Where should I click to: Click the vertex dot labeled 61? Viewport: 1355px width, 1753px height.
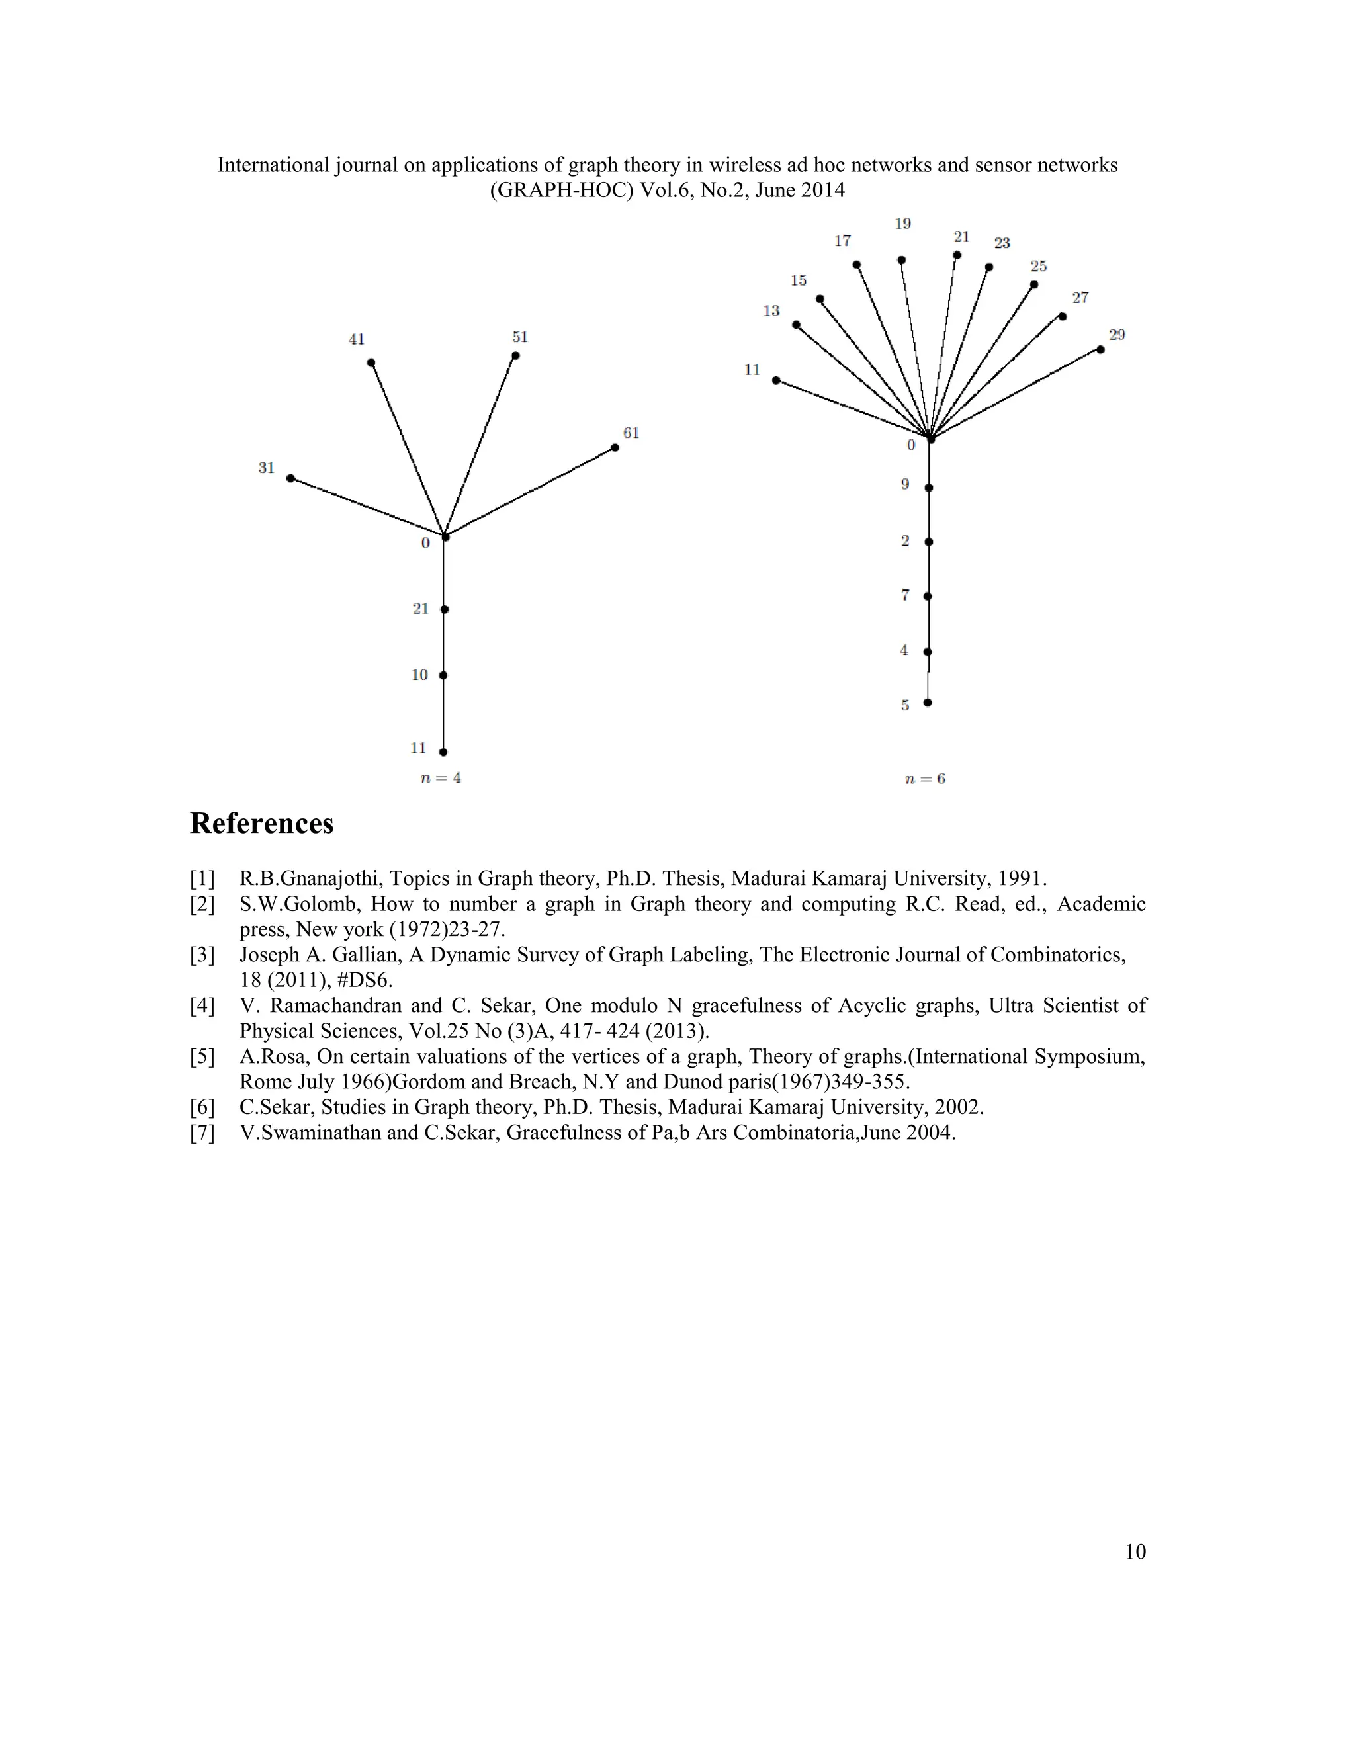pyautogui.click(x=615, y=448)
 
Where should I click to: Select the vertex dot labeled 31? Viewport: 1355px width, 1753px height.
pyautogui.click(x=290, y=478)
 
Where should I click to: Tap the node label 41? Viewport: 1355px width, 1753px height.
pyautogui.click(x=357, y=339)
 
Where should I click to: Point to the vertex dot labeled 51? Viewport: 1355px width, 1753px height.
pyautogui.click(x=515, y=356)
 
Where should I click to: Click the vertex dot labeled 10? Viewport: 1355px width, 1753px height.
pyautogui.click(x=443, y=676)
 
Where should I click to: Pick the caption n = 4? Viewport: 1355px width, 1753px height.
pyautogui.click(x=441, y=778)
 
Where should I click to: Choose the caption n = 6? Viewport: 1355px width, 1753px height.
pyautogui.click(x=925, y=779)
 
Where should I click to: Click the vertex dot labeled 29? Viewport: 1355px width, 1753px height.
pyautogui.click(x=1100, y=349)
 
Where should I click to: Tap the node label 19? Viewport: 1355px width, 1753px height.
pyautogui.click(x=903, y=224)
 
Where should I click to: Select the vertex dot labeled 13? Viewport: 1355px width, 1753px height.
pyautogui.click(x=795, y=325)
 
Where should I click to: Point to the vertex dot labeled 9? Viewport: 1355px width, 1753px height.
pyautogui.click(x=929, y=488)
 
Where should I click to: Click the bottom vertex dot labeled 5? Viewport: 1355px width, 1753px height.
pyautogui.click(x=927, y=703)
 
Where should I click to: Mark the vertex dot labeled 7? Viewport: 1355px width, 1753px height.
pyautogui.click(x=928, y=597)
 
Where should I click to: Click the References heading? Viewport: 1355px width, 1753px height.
pyautogui.click(x=262, y=824)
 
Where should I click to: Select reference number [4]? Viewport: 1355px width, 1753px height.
pyautogui.click(x=202, y=1005)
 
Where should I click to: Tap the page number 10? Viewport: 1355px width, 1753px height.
pyautogui.click(x=1135, y=1551)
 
